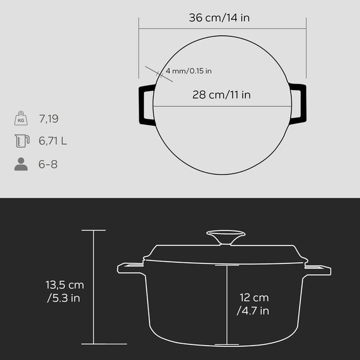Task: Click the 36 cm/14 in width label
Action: [x=219, y=17]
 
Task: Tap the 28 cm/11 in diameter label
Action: [x=221, y=95]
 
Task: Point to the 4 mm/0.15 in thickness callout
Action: [x=188, y=71]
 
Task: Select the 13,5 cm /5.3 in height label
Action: [x=65, y=292]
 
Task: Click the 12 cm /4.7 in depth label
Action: [x=253, y=304]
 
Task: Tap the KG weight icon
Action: [x=21, y=118]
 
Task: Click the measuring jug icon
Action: [x=22, y=141]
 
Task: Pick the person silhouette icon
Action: [x=21, y=164]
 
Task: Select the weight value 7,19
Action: [x=49, y=119]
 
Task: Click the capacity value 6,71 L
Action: [x=53, y=141]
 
